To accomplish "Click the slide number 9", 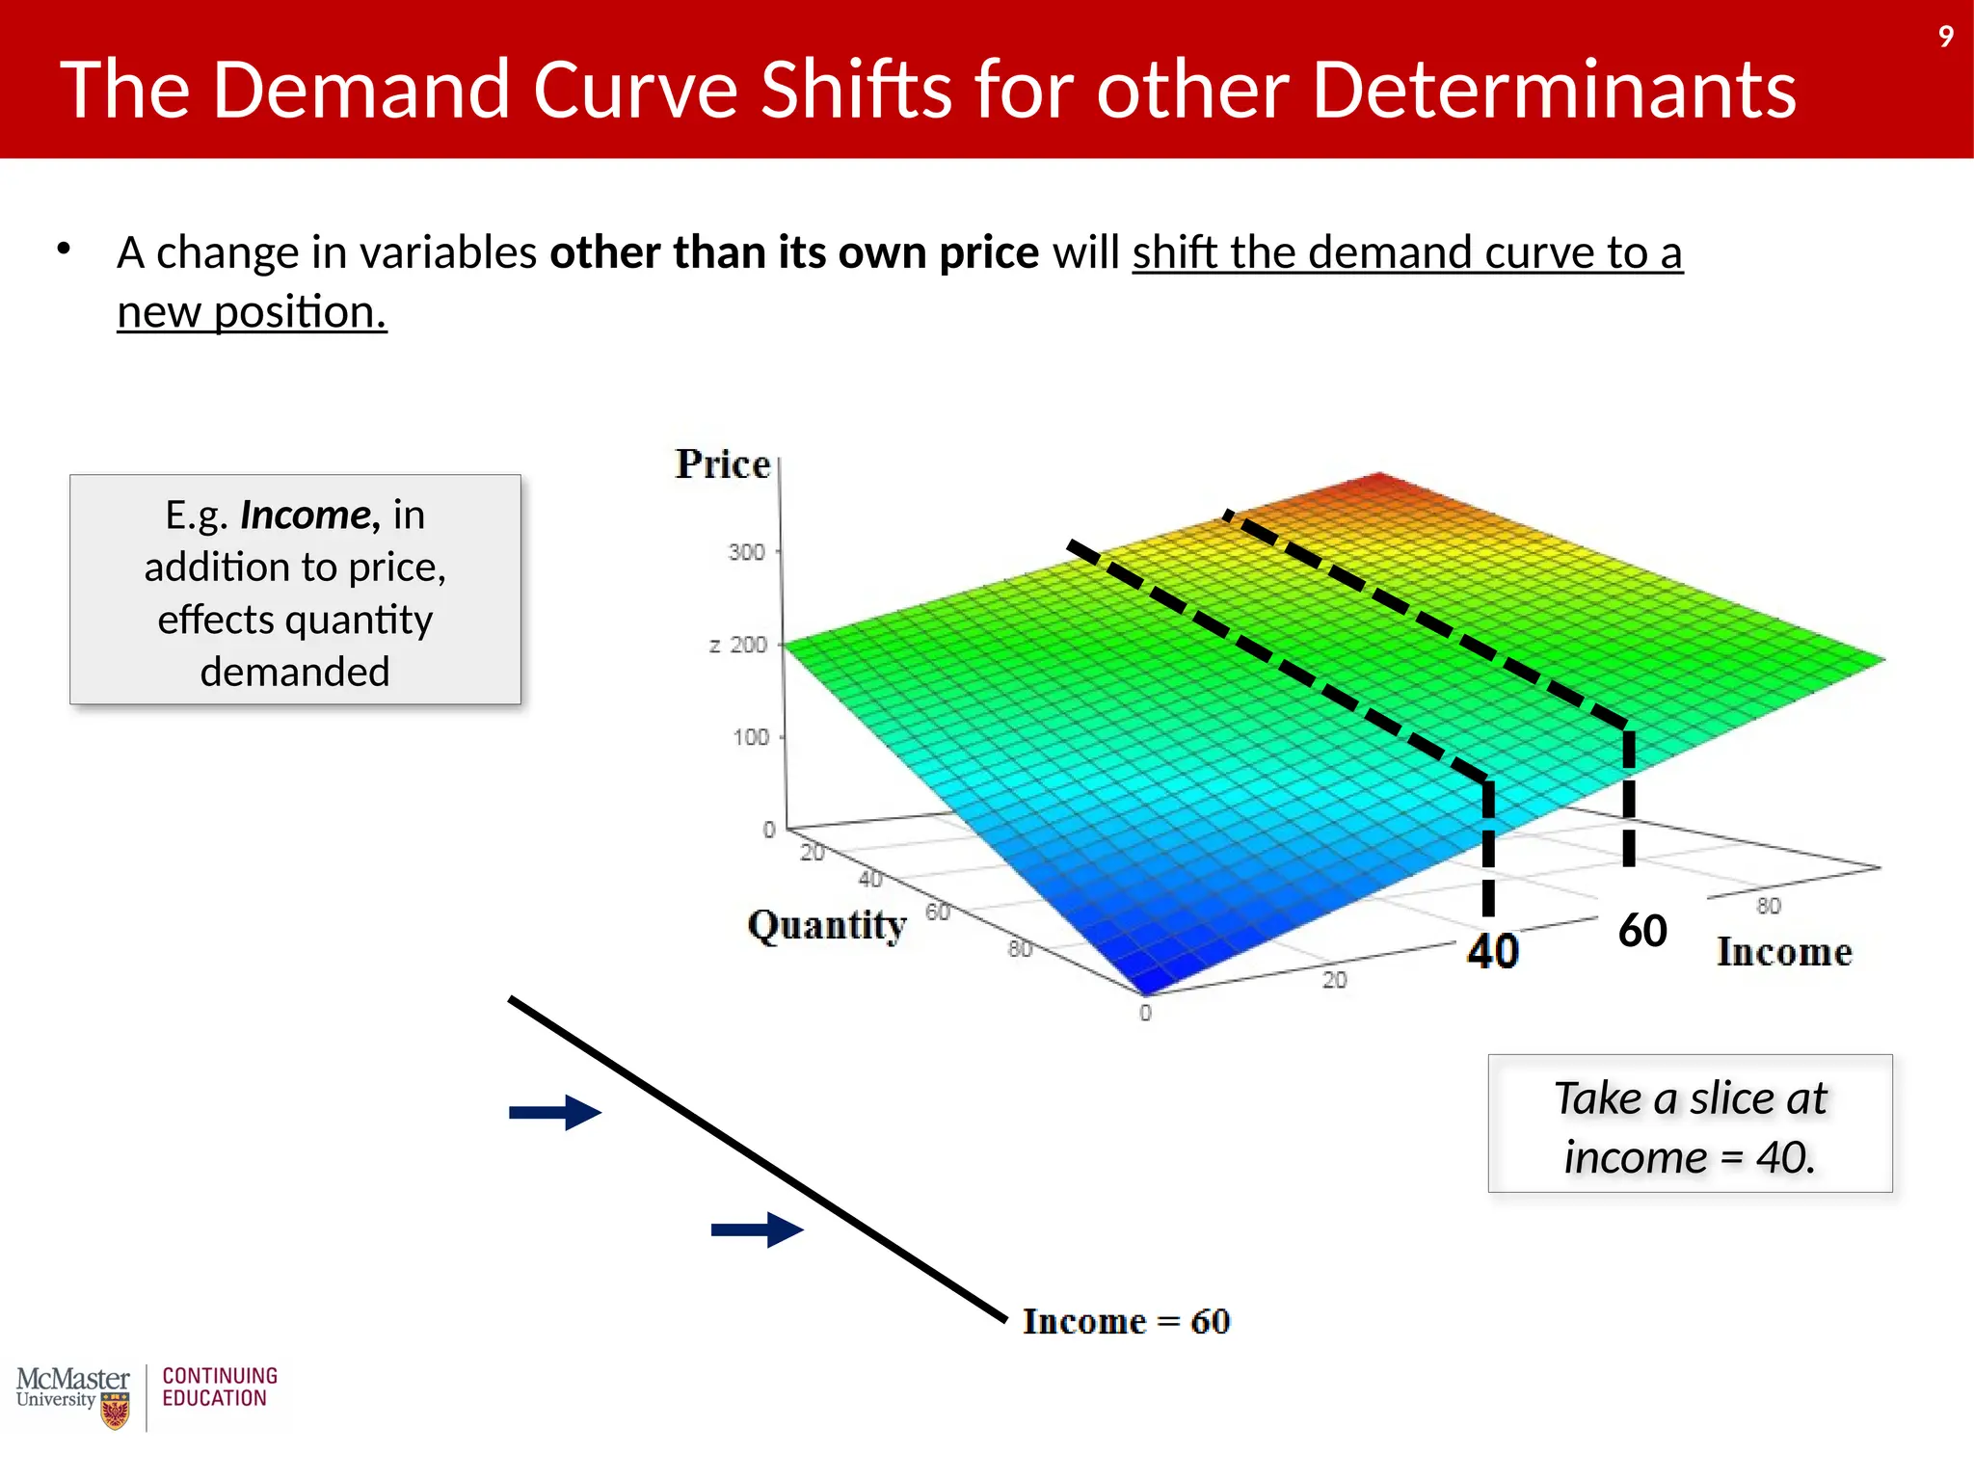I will [x=1945, y=37].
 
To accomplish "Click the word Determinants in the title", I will [x=1554, y=90].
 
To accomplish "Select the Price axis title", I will [x=722, y=464].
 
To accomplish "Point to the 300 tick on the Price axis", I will [x=746, y=552].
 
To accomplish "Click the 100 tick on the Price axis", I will [x=751, y=737].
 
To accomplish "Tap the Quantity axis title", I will [x=827, y=926].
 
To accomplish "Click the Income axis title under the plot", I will [x=1784, y=952].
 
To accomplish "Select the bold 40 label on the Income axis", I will [x=1492, y=951].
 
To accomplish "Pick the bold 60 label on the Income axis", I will [x=1642, y=931].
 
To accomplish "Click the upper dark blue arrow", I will [x=555, y=1113].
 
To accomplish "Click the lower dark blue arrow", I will [x=757, y=1229].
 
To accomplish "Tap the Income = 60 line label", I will [x=1126, y=1321].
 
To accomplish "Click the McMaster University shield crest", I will [x=115, y=1412].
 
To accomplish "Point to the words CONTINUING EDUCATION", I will [x=220, y=1387].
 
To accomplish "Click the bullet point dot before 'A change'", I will [x=64, y=249].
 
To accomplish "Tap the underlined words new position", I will [x=252, y=312].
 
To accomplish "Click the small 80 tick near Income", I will [x=1768, y=906].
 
